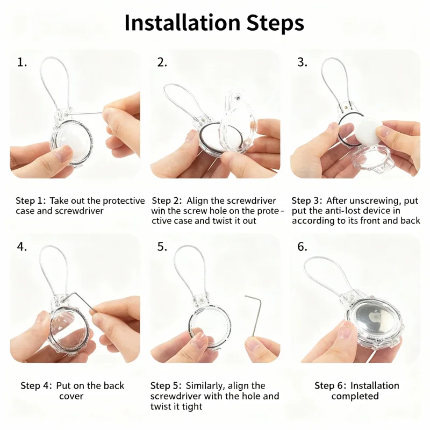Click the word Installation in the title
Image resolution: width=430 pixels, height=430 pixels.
[182, 23]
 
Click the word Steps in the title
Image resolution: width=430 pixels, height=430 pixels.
[275, 24]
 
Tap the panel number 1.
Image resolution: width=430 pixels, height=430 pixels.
[22, 62]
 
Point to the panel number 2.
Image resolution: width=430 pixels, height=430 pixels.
[162, 62]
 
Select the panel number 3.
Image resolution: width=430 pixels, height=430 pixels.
[302, 62]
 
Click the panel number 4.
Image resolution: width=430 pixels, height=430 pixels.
[22, 247]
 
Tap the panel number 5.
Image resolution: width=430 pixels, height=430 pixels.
[162, 247]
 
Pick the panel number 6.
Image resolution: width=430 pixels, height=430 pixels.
[302, 247]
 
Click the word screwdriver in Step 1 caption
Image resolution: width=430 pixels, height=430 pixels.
[79, 211]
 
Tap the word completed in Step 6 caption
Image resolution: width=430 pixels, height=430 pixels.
[355, 396]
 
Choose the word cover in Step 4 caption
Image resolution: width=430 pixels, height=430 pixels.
[71, 396]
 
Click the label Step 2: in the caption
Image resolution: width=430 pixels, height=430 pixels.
[167, 201]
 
